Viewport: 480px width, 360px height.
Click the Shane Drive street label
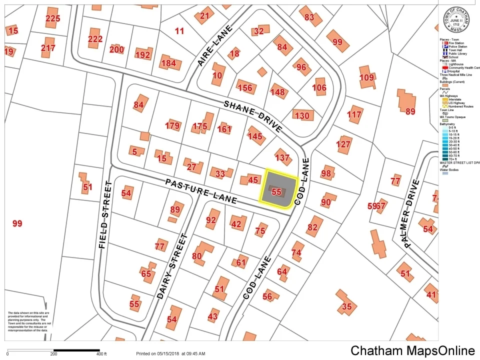click(x=252, y=116)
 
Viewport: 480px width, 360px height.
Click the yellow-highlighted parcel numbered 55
click(x=277, y=191)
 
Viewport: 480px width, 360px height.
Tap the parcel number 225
click(x=52, y=18)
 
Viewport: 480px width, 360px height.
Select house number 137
click(x=282, y=157)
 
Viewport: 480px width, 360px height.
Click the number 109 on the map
click(x=366, y=77)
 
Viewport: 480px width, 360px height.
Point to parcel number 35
click(x=346, y=306)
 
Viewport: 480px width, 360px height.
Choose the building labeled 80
click(x=196, y=256)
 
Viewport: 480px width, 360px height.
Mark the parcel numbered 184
click(x=168, y=63)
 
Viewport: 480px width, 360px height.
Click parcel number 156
click(x=245, y=88)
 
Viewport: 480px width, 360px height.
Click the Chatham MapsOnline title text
click(x=412, y=350)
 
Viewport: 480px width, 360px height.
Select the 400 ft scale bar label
click(x=102, y=354)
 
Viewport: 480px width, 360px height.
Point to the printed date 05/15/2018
click(x=169, y=354)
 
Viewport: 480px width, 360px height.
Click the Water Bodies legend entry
click(x=451, y=169)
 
